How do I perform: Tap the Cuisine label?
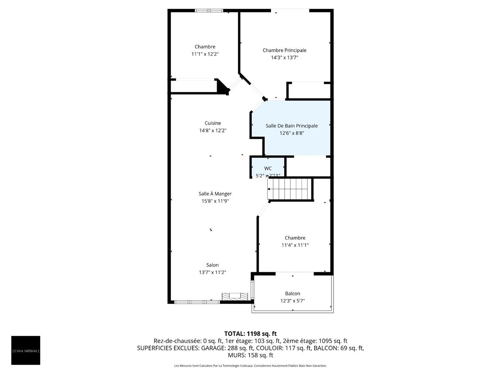[x=213, y=123]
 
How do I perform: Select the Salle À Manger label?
[x=215, y=193]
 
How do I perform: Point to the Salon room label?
[x=212, y=265]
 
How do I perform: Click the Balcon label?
[x=292, y=293]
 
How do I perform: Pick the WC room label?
[x=268, y=168]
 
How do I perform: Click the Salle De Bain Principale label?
[x=291, y=126]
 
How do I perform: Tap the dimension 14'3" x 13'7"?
[x=284, y=58]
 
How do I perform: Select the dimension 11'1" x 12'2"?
[x=205, y=54]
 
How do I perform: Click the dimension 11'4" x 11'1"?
[x=295, y=245]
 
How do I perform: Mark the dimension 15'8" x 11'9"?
[x=215, y=201]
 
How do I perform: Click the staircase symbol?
[x=290, y=189]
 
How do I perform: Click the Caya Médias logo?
[x=26, y=350]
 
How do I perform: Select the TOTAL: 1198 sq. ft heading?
[x=250, y=333]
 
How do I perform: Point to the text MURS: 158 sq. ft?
[x=250, y=355]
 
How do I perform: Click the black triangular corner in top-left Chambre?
[x=223, y=86]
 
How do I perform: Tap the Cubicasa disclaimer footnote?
[x=250, y=366]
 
